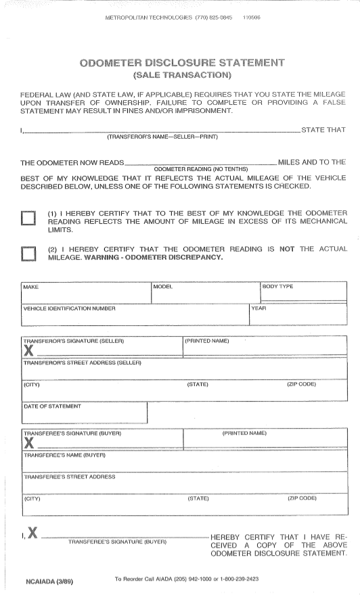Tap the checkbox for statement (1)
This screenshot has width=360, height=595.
(28, 218)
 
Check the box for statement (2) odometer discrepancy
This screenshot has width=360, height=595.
(28, 254)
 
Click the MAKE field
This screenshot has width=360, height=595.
(85, 292)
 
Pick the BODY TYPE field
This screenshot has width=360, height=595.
(302, 292)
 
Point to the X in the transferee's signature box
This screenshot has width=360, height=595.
(29, 444)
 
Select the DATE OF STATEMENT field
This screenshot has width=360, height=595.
(84, 412)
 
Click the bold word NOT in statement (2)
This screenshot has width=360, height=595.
(287, 249)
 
